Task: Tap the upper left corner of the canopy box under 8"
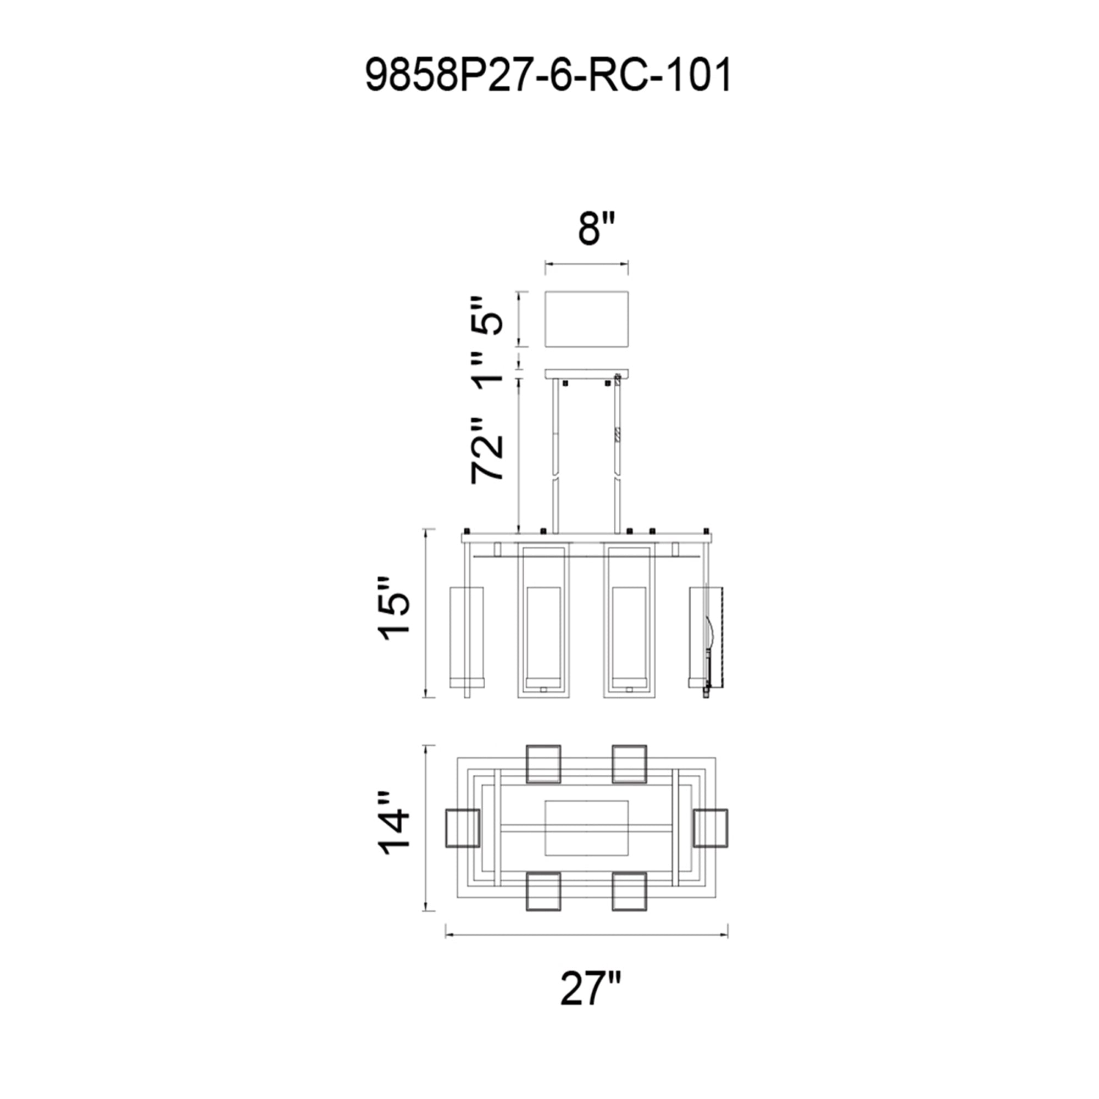(546, 292)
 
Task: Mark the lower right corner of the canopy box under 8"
(628, 346)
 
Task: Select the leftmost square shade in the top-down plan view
(462, 828)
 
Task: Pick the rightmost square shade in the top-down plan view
(711, 828)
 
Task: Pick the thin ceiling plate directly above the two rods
(586, 374)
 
